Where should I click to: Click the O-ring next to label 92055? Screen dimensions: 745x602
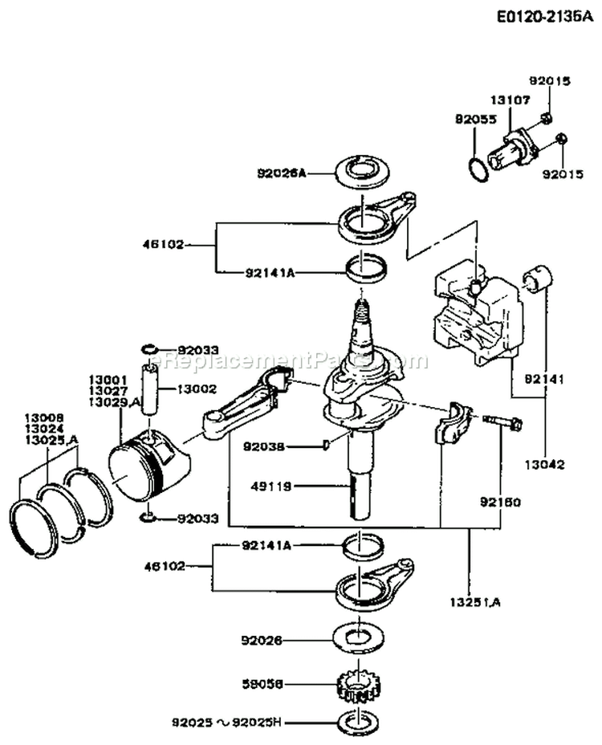(x=478, y=169)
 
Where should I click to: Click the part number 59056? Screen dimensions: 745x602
(x=262, y=685)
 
